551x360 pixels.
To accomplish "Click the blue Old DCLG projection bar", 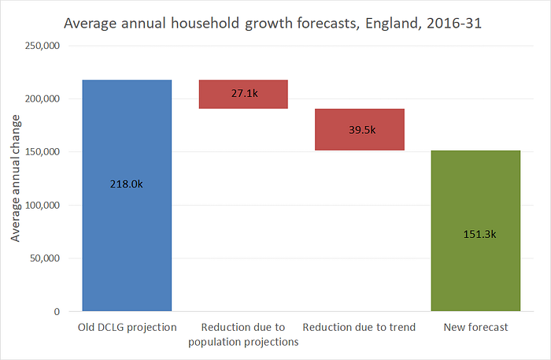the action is pyautogui.click(x=127, y=195).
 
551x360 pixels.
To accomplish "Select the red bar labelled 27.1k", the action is pyautogui.click(x=243, y=95).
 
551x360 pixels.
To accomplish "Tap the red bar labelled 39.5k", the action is pyautogui.click(x=360, y=129).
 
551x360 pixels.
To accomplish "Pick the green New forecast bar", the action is pyautogui.click(x=475, y=231).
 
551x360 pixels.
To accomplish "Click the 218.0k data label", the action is pyautogui.click(x=127, y=184).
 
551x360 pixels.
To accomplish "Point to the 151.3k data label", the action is pyautogui.click(x=479, y=234).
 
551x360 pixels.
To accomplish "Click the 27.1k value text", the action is pyautogui.click(x=245, y=93).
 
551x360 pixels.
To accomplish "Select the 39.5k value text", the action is pyautogui.click(x=362, y=130).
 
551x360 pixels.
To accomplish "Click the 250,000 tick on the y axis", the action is pyautogui.click(x=43, y=46).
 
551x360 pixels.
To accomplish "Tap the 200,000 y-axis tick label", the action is pyautogui.click(x=43, y=98).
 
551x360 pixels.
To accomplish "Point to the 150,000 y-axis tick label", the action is pyautogui.click(x=43, y=152).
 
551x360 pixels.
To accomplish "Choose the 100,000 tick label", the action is pyautogui.click(x=43, y=206).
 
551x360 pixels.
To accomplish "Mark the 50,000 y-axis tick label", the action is pyautogui.click(x=45, y=258).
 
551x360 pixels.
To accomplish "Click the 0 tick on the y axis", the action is pyautogui.click(x=57, y=312).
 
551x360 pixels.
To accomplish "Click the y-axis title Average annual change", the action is pyautogui.click(x=16, y=178).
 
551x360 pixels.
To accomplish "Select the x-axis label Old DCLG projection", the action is pyautogui.click(x=128, y=327).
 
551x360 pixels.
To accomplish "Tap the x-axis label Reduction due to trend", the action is pyautogui.click(x=359, y=327).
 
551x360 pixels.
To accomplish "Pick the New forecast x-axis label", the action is pyautogui.click(x=475, y=327).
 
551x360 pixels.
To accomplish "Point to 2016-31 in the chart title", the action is pyautogui.click(x=454, y=23).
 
